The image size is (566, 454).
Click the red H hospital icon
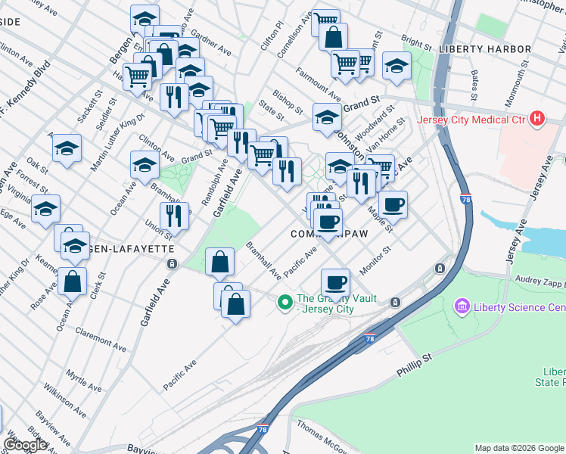click(x=537, y=119)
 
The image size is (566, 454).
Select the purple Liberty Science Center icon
click(x=462, y=307)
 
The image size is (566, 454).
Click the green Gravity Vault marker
click(x=285, y=303)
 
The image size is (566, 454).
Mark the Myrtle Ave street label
click(x=82, y=379)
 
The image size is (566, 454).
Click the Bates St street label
click(x=474, y=86)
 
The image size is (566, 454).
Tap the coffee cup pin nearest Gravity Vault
click(x=335, y=283)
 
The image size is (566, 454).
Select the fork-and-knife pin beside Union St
click(x=174, y=216)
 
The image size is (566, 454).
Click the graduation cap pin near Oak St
click(x=67, y=148)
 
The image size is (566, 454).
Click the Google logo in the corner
click(x=25, y=445)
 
